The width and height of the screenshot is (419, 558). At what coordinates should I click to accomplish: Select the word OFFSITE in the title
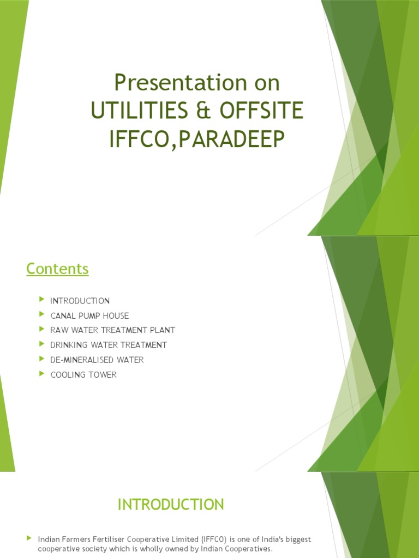pyautogui.click(x=261, y=111)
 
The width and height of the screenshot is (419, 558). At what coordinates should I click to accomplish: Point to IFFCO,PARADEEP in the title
pyautogui.click(x=197, y=139)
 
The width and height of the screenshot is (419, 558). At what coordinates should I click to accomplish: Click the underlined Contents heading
pyautogui.click(x=57, y=269)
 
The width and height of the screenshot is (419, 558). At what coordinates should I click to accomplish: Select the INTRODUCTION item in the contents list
pyautogui.click(x=80, y=301)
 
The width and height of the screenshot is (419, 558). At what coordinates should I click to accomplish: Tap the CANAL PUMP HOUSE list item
pyautogui.click(x=89, y=316)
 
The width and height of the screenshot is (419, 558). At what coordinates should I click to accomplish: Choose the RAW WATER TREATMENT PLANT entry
pyautogui.click(x=112, y=330)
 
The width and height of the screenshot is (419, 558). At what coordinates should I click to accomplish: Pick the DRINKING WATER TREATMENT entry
pyautogui.click(x=109, y=345)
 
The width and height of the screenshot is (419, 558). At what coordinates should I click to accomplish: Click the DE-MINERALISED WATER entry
pyautogui.click(x=97, y=360)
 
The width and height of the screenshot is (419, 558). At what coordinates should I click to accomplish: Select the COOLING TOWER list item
pyautogui.click(x=83, y=374)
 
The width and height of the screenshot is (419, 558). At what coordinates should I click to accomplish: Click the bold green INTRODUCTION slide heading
pyautogui.click(x=171, y=505)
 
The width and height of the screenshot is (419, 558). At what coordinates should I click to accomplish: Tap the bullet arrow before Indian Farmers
pyautogui.click(x=29, y=538)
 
